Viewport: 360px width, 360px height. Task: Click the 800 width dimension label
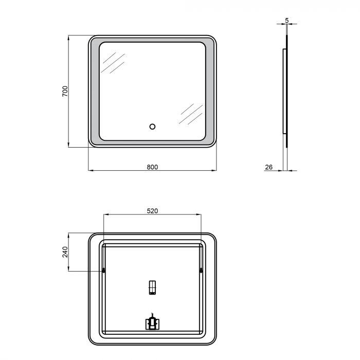pos(152,167)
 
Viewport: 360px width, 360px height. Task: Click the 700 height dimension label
pos(65,91)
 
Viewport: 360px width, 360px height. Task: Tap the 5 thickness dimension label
pos(287,21)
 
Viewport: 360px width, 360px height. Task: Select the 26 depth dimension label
pos(268,167)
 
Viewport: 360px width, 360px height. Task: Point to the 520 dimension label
pos(152,211)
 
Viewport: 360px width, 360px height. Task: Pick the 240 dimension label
pos(65,252)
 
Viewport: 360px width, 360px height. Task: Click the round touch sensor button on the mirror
pos(152,127)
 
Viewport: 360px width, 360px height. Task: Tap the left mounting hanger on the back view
pos(104,270)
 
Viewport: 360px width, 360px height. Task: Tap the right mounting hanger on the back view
pos(201,270)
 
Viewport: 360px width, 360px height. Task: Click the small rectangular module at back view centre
pos(152,287)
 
